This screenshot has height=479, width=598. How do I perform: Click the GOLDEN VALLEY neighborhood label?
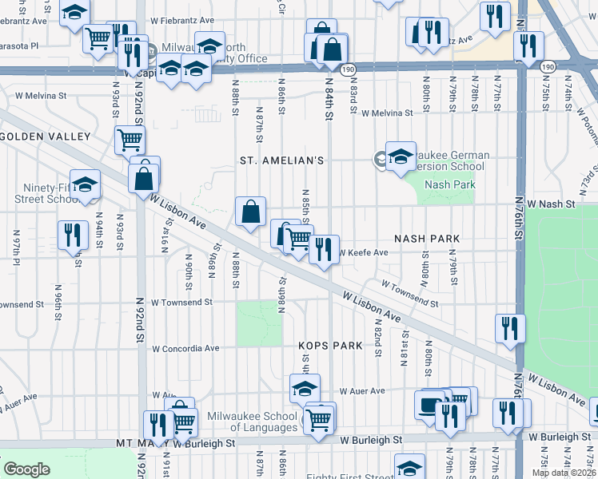[46, 137]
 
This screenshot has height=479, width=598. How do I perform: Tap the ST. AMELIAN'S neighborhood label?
[282, 160]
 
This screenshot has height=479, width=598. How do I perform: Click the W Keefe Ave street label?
[363, 253]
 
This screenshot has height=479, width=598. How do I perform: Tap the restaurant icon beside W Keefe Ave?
[324, 250]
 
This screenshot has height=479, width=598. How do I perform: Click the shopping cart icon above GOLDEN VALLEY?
[129, 140]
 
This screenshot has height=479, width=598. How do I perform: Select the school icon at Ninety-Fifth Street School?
[84, 184]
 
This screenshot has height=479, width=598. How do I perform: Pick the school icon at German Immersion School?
[401, 156]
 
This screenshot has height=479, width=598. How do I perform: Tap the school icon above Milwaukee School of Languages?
[304, 390]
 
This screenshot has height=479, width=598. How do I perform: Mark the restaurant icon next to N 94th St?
[72, 235]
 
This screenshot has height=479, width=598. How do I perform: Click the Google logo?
[26, 469]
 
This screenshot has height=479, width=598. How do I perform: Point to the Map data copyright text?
[564, 473]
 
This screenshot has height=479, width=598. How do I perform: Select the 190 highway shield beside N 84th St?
[348, 69]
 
